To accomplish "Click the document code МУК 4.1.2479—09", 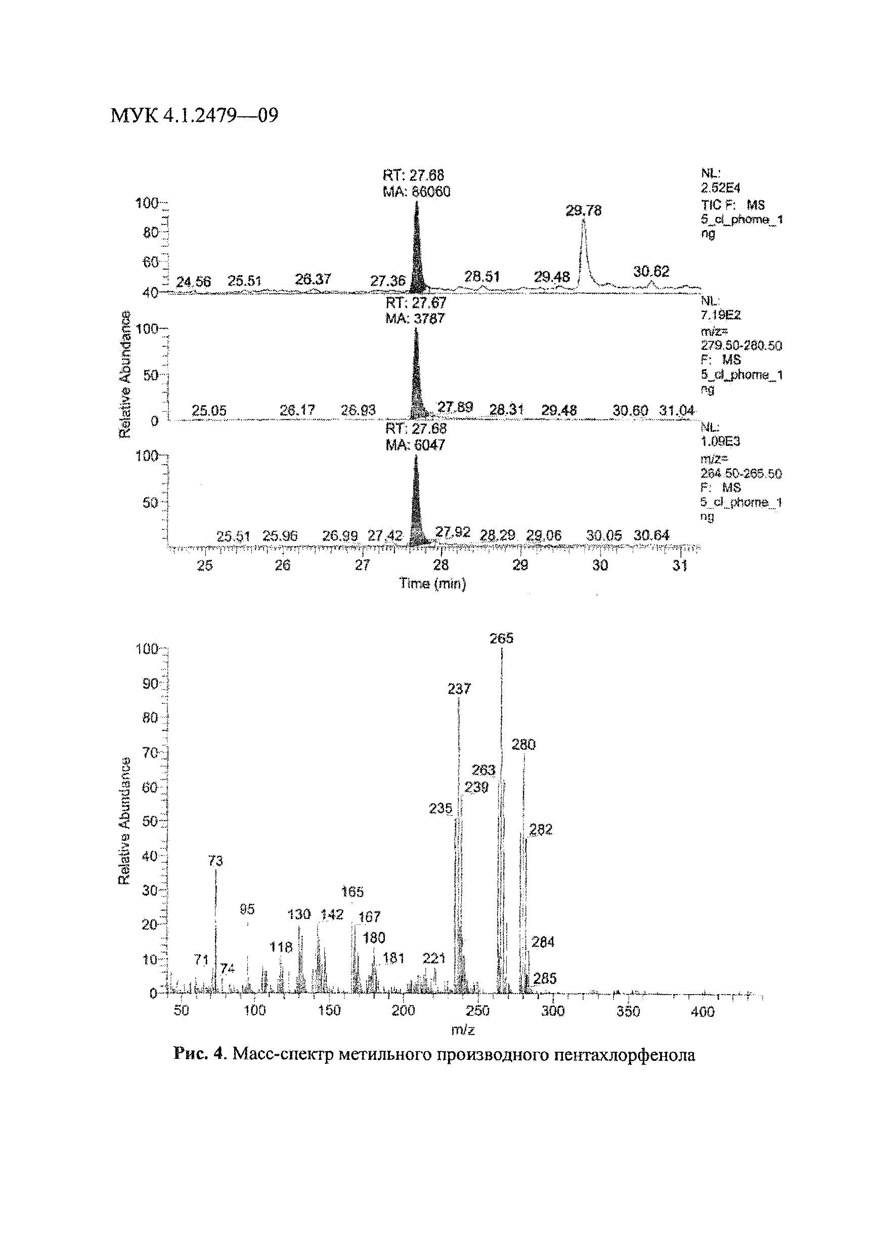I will tap(194, 115).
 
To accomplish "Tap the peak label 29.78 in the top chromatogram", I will tap(583, 211).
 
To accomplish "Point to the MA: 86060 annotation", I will tap(416, 192).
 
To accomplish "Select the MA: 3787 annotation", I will tap(415, 319).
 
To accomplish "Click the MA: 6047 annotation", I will tap(415, 445).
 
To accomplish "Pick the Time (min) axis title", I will tap(433, 584).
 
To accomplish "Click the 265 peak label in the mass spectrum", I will tap(501, 638).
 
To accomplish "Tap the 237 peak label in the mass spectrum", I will tap(459, 689).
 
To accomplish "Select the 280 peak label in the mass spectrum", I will tap(523, 744).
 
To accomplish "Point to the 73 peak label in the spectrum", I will tap(216, 861).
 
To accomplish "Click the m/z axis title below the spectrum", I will tap(463, 1029).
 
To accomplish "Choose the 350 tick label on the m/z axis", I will tap(628, 1011).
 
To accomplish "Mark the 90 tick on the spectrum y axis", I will tap(150, 683).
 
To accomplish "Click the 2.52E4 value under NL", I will tap(720, 188).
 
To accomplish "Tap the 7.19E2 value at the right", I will tap(721, 315).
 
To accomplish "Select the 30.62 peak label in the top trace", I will tap(651, 272).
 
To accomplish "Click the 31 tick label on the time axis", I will tap(680, 565).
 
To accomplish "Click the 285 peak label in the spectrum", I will tap(545, 978).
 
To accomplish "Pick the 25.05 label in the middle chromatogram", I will tap(209, 411).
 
